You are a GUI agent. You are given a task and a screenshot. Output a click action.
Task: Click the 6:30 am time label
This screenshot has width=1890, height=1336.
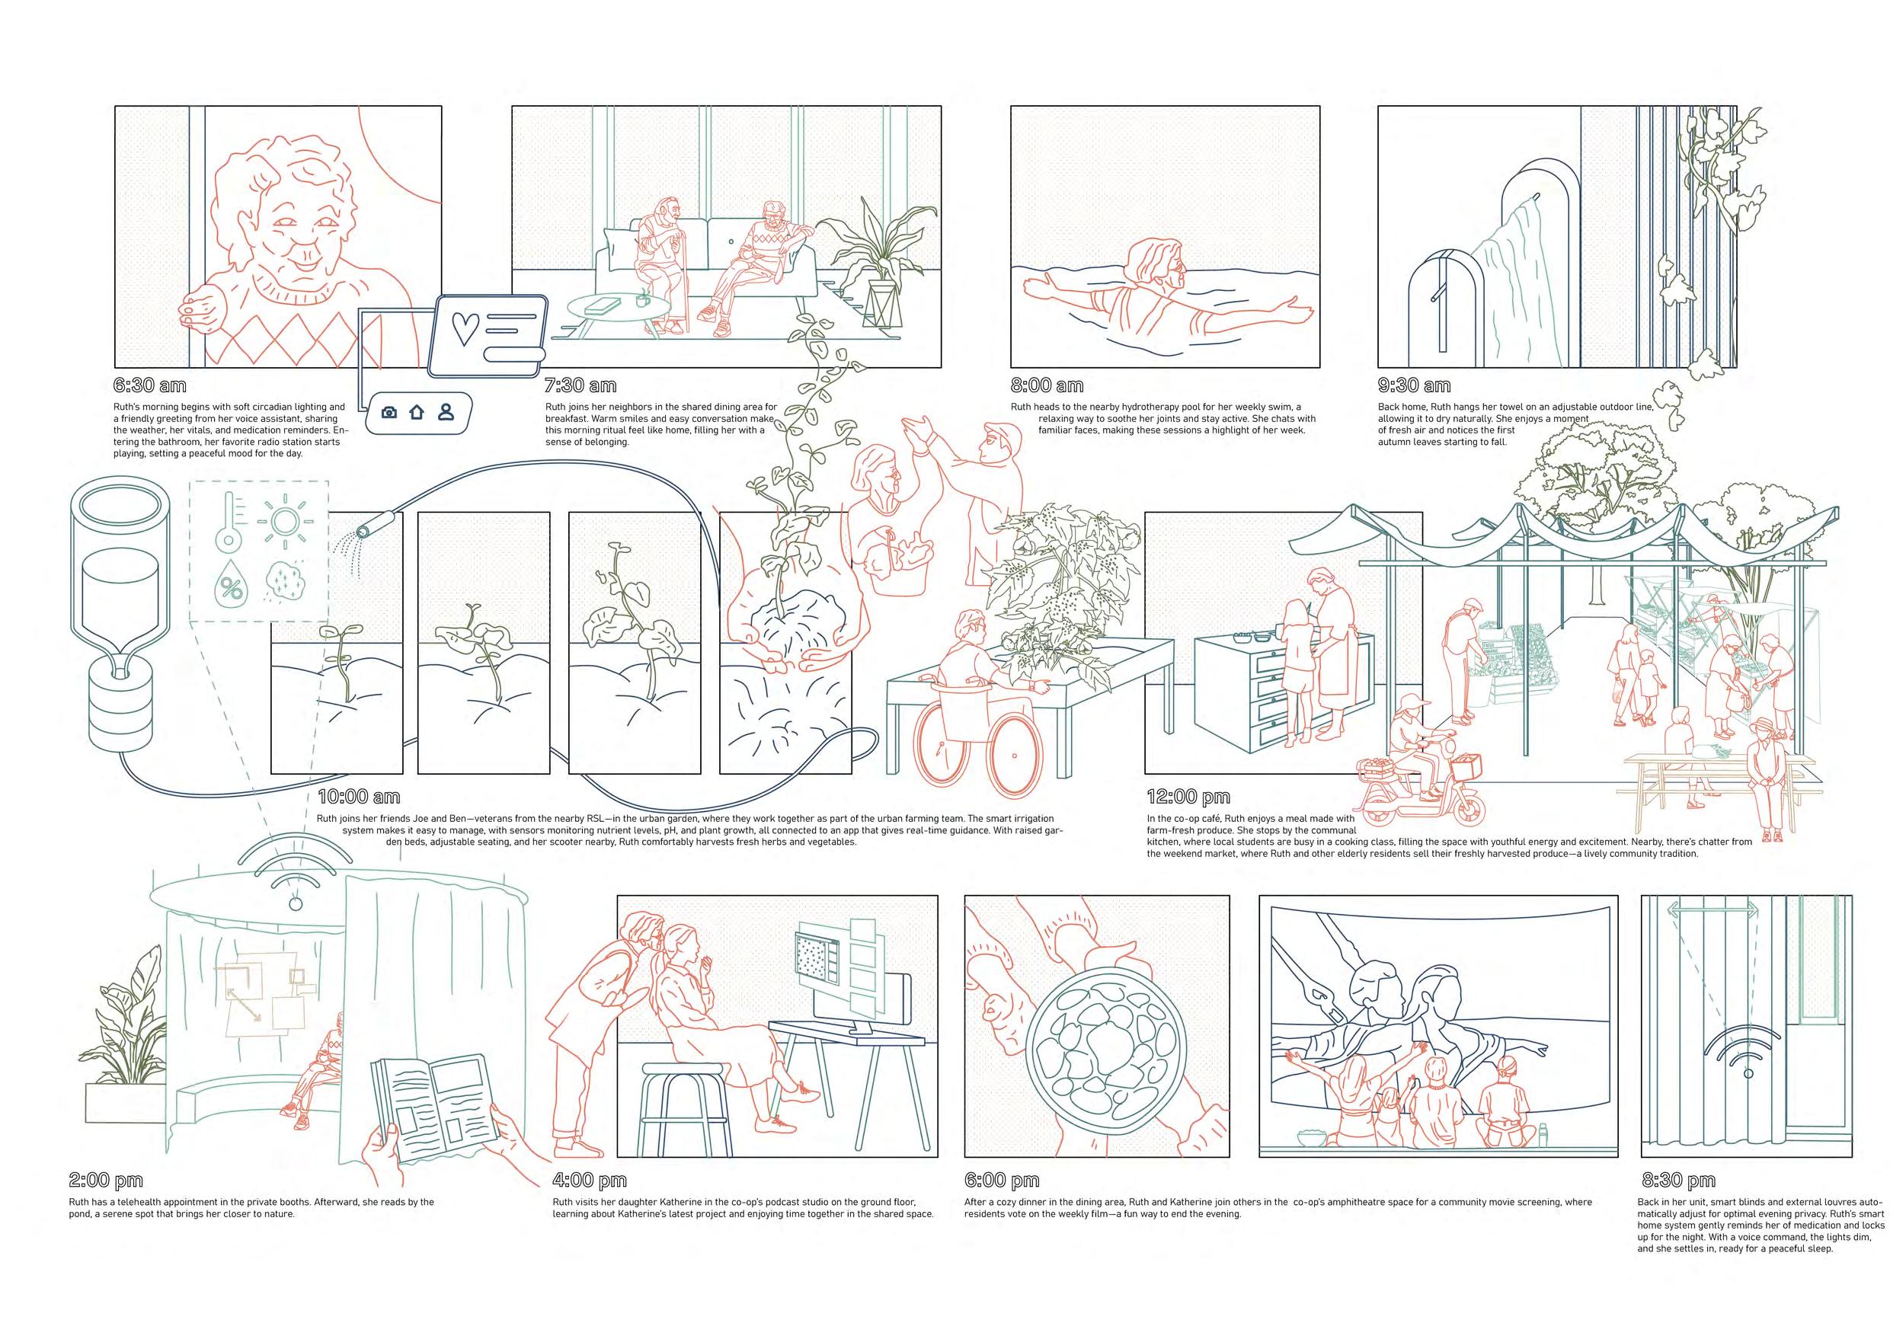pyautogui.click(x=150, y=385)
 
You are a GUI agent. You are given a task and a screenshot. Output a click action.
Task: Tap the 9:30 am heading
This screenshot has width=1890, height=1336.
pyautogui.click(x=1414, y=385)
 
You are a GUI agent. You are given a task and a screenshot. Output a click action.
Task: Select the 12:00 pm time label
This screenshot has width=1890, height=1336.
pyautogui.click(x=1188, y=797)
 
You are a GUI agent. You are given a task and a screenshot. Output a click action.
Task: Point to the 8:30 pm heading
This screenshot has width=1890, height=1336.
pyautogui.click(x=1679, y=1181)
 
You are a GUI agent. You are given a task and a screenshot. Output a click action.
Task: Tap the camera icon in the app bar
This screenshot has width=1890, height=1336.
pyautogui.click(x=390, y=412)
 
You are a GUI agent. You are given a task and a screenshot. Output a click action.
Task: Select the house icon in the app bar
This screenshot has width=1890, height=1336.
pyautogui.click(x=417, y=411)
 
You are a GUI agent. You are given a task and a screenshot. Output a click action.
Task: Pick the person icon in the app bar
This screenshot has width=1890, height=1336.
pyautogui.click(x=446, y=411)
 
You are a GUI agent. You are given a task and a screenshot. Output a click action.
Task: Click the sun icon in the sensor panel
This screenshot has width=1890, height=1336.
pyautogui.click(x=285, y=520)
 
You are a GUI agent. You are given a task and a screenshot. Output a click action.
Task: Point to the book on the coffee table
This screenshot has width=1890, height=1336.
pyautogui.click(x=603, y=305)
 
